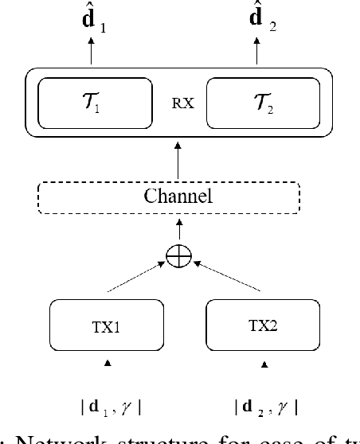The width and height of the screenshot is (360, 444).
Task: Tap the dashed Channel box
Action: coord(178,196)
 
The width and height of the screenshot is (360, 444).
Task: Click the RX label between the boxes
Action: coord(178,103)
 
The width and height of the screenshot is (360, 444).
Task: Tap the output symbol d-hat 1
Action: coord(92,20)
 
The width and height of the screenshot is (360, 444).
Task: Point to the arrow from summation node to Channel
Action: coord(178,231)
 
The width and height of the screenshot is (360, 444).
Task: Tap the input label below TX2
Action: coord(266,409)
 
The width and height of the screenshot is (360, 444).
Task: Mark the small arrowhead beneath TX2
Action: coord(266,365)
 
